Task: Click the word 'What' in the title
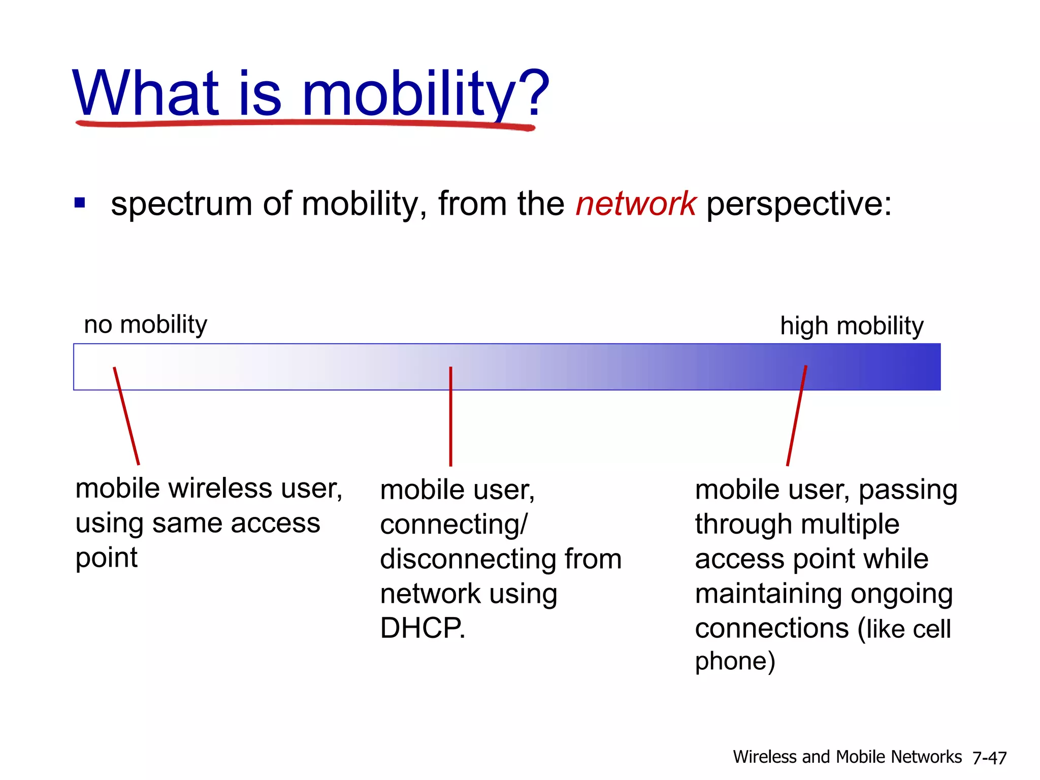pyautogui.click(x=146, y=93)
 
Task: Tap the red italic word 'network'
pyautogui.click(x=635, y=204)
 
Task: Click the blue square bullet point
pyautogui.click(x=80, y=203)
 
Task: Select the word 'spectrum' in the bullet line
pyautogui.click(x=181, y=205)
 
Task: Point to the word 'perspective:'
pyautogui.click(x=799, y=205)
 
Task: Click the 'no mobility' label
pyautogui.click(x=145, y=324)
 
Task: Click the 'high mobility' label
pyautogui.click(x=852, y=326)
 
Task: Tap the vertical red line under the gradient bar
pyautogui.click(x=450, y=416)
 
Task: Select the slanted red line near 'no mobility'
pyautogui.click(x=126, y=415)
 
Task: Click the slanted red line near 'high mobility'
pyautogui.click(x=796, y=415)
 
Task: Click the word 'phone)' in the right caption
pyautogui.click(x=735, y=662)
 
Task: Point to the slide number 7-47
pyautogui.click(x=989, y=758)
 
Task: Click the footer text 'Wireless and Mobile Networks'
pyautogui.click(x=847, y=757)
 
